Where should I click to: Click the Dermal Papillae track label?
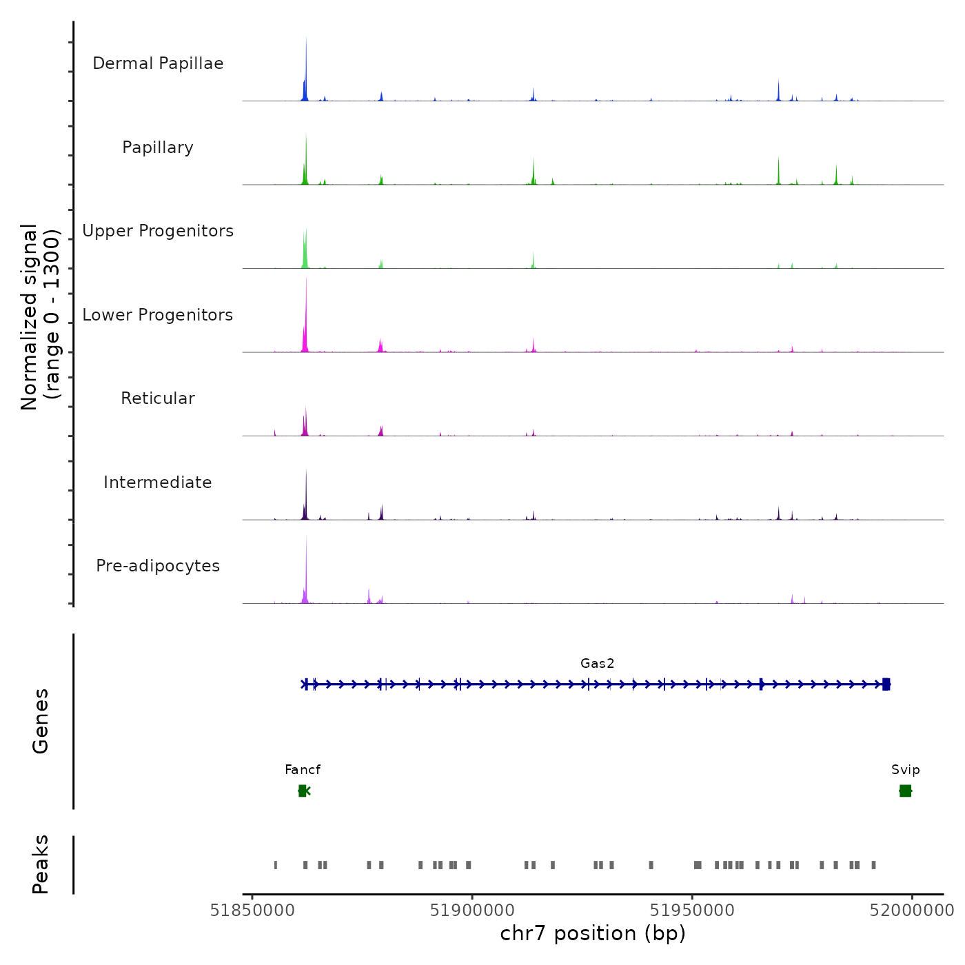coord(158,63)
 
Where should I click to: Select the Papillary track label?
coord(158,148)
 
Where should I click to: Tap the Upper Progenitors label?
coord(158,231)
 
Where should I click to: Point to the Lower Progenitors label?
coord(158,315)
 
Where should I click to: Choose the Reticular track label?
coord(158,398)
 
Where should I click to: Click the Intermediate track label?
coord(158,482)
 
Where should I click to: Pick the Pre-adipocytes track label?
coord(158,566)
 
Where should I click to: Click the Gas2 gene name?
coord(597,664)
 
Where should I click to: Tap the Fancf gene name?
coord(303,770)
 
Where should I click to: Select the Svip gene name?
coord(905,770)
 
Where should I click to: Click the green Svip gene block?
coord(905,791)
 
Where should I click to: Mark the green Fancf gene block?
coord(303,791)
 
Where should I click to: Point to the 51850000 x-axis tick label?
coord(252,911)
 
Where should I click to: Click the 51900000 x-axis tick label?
coord(472,911)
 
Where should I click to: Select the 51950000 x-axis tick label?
coord(692,911)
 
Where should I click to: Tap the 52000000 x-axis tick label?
coord(911,911)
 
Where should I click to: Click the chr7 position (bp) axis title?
coord(593,933)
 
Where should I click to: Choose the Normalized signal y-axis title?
coord(40,317)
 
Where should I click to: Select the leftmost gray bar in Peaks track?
coord(276,865)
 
